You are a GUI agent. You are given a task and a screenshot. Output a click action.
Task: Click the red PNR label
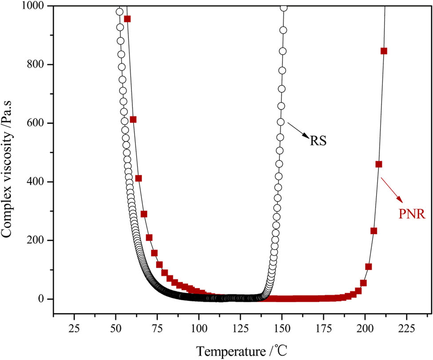(x=411, y=215)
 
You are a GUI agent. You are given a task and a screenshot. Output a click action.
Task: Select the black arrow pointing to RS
(x=299, y=131)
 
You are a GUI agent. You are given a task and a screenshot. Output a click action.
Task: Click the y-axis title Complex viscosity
(x=8, y=152)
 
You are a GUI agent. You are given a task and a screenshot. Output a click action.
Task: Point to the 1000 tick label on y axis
(x=35, y=6)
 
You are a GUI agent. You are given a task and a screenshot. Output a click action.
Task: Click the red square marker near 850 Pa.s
(x=384, y=51)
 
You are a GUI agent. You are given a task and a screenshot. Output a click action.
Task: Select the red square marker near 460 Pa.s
(x=379, y=164)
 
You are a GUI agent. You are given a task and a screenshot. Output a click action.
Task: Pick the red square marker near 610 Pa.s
(x=133, y=120)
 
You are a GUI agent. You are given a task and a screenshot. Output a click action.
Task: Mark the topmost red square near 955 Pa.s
(x=127, y=19)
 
